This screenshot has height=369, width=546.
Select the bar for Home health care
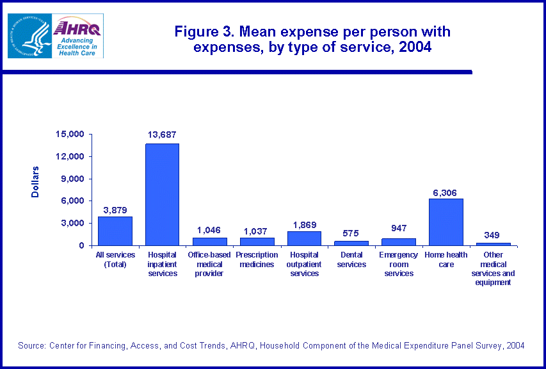446,222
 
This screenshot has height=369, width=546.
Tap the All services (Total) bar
115,231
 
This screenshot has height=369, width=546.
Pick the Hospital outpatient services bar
304,238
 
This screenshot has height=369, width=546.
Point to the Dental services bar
351,243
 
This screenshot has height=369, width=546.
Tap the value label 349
492,234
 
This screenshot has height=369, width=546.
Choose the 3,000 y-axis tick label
73,223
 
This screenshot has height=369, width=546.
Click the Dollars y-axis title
35,181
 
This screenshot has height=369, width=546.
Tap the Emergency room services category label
399,264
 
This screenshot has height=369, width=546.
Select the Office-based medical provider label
209,264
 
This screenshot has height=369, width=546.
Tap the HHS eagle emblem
29,35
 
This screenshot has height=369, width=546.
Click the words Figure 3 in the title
199,31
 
